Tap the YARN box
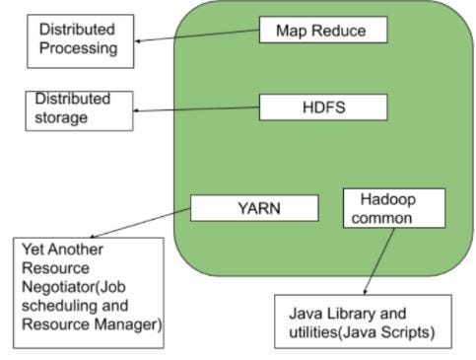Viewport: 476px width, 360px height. [254, 207]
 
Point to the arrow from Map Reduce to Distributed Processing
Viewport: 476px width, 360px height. [197, 36]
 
